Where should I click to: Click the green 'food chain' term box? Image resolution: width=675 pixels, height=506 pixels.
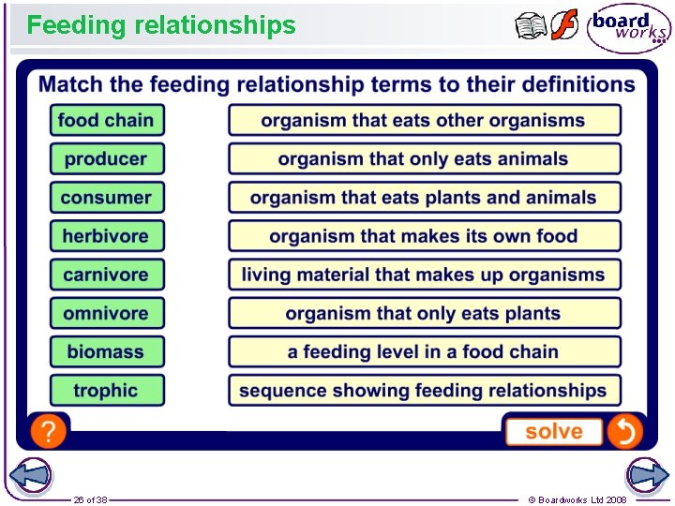pos(106,120)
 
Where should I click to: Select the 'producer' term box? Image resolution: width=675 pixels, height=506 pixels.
pos(106,158)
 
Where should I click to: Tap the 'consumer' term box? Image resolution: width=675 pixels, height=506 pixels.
pos(106,197)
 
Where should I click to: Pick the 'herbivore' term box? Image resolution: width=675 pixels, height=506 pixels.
pos(106,236)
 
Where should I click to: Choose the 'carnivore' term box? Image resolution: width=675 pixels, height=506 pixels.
pos(106,275)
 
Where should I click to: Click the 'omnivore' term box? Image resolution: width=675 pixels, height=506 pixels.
pos(106,313)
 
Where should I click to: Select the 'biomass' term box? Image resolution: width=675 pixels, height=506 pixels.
pos(106,351)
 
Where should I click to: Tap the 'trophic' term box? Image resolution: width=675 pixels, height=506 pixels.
pos(106,390)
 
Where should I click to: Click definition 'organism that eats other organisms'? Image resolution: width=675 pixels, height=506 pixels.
pos(424,120)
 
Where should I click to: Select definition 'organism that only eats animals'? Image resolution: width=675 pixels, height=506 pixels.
pos(424,158)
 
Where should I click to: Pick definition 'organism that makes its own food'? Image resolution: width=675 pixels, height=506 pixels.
pos(424,236)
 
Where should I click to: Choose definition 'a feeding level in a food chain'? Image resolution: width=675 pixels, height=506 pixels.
pos(424,351)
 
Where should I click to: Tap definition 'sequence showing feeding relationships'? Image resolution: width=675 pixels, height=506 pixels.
pos(424,390)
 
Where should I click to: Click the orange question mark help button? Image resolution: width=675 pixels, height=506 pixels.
pos(48,431)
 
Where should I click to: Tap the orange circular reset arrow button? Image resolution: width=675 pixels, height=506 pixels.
pos(624,431)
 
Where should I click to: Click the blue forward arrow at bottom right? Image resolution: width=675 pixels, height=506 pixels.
pos(646,475)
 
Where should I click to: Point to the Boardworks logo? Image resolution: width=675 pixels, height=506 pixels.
pos(628,27)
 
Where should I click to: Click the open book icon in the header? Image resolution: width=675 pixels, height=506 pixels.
pos(531,25)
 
